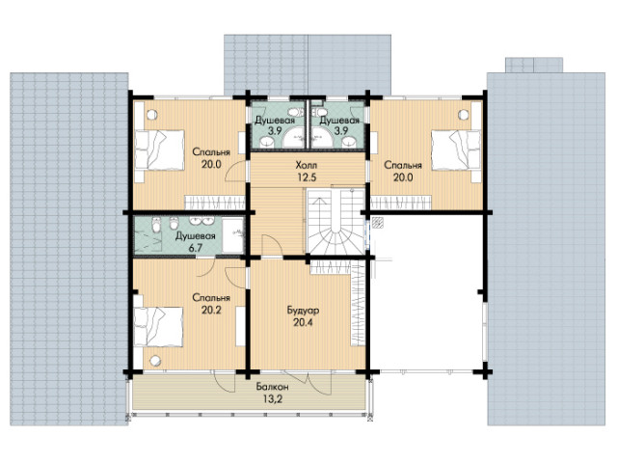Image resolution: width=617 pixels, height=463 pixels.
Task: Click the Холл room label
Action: click(307, 165)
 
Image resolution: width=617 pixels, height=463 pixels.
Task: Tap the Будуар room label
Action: click(303, 311)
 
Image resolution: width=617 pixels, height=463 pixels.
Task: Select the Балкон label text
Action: click(272, 387)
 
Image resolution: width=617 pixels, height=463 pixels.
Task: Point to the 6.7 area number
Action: click(195, 249)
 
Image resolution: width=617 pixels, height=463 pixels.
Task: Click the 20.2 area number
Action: click(211, 311)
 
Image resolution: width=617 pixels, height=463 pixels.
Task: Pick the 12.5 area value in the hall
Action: click(307, 177)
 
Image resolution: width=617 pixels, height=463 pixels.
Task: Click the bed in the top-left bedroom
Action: click(160, 150)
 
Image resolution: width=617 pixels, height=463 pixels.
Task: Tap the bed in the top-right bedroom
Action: click(456, 150)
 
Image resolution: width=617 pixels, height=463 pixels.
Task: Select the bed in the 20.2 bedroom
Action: click(158, 327)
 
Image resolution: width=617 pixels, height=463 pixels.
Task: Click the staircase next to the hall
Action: click(335, 222)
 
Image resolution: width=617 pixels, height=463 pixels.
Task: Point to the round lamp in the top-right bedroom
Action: click(464, 115)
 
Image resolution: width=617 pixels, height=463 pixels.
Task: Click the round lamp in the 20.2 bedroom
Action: click(155, 360)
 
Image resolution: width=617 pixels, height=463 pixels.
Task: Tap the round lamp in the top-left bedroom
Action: click(152, 115)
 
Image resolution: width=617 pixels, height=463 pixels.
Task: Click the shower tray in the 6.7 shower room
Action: click(233, 235)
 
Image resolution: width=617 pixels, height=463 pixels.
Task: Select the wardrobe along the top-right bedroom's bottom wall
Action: click(401, 204)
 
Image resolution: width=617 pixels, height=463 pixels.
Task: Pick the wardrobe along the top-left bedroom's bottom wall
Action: click(216, 203)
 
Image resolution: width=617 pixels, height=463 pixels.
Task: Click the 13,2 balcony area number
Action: click(272, 399)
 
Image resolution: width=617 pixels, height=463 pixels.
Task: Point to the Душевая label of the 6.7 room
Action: click(195, 236)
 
